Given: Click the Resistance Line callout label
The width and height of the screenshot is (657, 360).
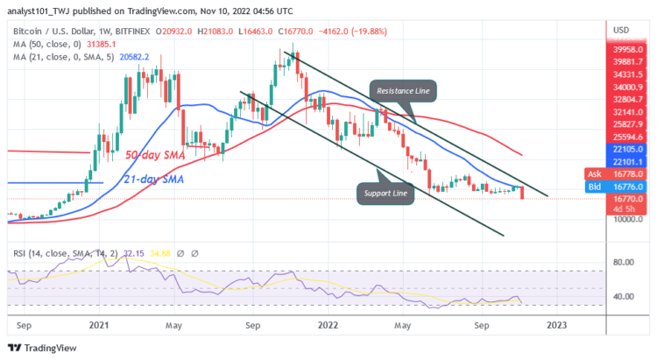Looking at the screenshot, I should pyautogui.click(x=406, y=90).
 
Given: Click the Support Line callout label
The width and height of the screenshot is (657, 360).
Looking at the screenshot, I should pyautogui.click(x=385, y=191).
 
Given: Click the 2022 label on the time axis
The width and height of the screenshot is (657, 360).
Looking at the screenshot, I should pyautogui.click(x=328, y=323).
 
